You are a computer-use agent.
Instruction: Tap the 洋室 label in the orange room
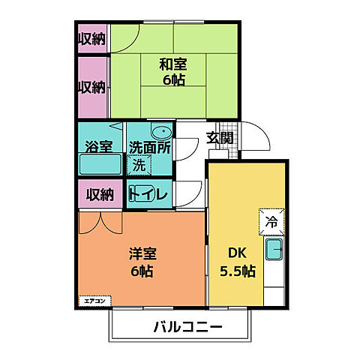(141, 253)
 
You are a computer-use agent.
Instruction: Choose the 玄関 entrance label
(219, 138)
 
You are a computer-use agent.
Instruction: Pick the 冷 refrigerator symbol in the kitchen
(271, 221)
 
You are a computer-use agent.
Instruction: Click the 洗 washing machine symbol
(139, 163)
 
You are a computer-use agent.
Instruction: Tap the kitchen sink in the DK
(273, 250)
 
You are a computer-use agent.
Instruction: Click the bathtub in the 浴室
(100, 166)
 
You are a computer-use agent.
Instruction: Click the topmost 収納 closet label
(92, 38)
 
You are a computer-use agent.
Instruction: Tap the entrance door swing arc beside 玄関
(259, 141)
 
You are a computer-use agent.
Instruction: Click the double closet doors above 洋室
(99, 220)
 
